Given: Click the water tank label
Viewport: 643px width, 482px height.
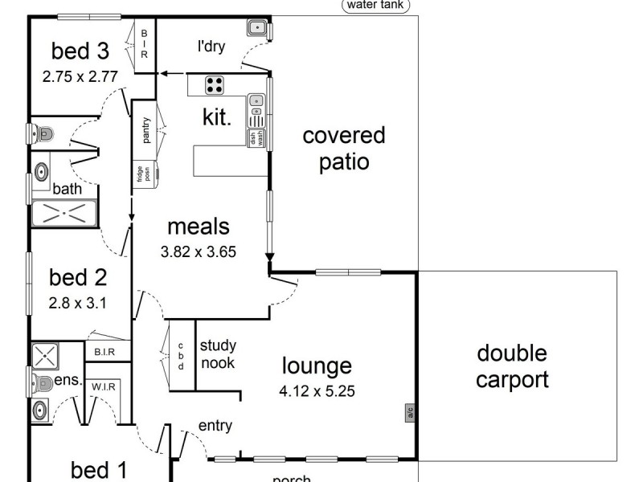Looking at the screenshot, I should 376,5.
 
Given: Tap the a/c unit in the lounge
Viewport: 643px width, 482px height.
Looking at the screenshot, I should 409,413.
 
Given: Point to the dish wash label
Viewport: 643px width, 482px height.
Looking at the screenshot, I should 255,138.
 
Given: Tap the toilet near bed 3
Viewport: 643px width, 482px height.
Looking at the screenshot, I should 43,133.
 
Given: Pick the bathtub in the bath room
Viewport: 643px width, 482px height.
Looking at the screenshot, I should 64,213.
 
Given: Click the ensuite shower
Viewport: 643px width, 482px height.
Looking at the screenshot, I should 43,355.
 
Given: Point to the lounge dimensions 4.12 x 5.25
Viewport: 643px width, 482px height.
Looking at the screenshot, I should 318,392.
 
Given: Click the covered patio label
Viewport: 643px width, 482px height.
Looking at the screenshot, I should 344,148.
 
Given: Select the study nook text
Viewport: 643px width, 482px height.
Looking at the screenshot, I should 217,354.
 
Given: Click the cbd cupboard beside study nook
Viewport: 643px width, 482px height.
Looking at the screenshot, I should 181,355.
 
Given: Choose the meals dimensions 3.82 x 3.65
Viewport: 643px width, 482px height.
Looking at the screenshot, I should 198,251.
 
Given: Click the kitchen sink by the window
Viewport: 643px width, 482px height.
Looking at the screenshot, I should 256,102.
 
